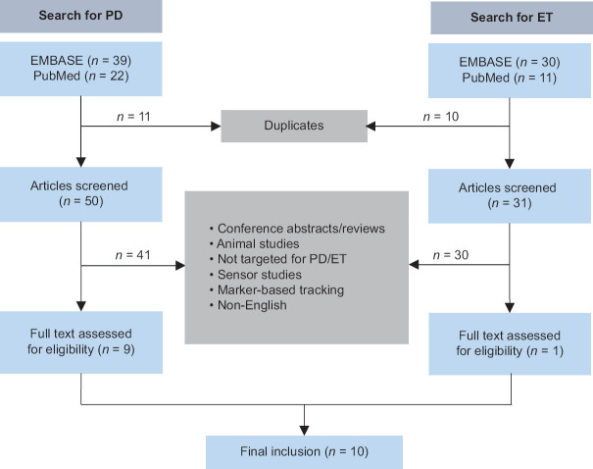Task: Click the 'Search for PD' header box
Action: (81, 16)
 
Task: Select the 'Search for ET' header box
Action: (512, 18)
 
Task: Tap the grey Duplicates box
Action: (294, 126)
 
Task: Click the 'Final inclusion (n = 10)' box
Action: (304, 452)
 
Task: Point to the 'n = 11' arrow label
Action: (133, 116)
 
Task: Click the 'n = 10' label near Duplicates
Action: (441, 116)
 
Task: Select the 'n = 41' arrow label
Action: (132, 255)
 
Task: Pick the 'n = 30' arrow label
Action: (451, 255)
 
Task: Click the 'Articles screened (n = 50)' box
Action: (81, 194)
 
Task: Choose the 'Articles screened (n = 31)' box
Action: (510, 195)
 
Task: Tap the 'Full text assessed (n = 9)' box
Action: (81, 342)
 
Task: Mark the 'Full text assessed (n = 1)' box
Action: (510, 343)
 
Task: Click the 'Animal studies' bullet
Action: (255, 243)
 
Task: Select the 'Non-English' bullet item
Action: (248, 305)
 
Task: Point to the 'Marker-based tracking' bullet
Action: (276, 290)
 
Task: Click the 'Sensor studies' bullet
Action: (256, 275)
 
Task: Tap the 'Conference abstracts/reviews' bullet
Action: (297, 229)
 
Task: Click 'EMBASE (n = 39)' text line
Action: (81, 61)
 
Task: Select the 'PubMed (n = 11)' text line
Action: (510, 78)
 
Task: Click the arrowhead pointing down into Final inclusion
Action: (304, 431)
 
